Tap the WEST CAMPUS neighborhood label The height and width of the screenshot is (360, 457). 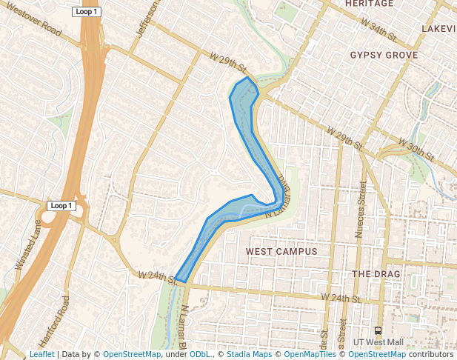[x=281, y=252]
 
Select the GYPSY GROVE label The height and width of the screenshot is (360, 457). [x=384, y=56]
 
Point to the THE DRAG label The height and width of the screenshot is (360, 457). [x=376, y=274]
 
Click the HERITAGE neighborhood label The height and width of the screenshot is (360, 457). [x=369, y=4]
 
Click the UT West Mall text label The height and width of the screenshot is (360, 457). [x=378, y=342]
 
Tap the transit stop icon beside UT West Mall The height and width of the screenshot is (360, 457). [x=378, y=330]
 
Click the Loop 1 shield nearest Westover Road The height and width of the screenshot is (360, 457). [x=87, y=12]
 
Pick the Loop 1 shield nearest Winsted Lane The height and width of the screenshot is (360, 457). [x=61, y=205]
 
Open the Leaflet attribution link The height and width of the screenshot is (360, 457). [x=41, y=354]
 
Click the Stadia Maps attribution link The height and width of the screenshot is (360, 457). [x=249, y=354]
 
